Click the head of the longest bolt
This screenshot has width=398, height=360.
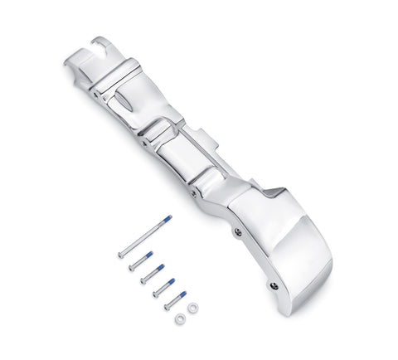121,255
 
